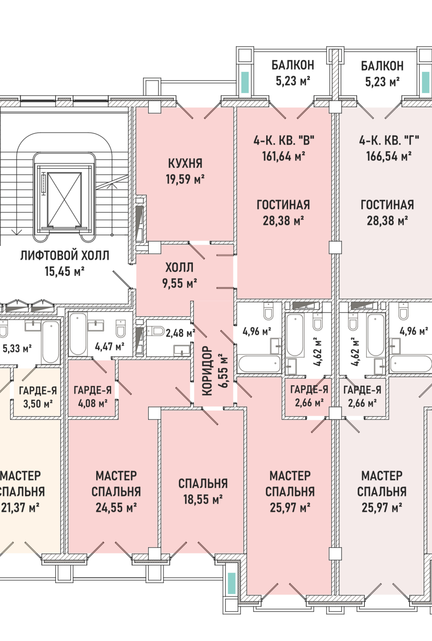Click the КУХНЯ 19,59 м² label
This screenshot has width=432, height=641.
pos(185,171)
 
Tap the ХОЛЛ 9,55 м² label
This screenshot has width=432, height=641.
pos(179,275)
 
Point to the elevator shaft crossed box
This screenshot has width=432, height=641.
pos(64,199)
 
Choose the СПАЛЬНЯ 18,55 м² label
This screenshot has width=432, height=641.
pos(203,491)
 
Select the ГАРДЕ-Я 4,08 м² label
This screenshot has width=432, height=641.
pos(93,397)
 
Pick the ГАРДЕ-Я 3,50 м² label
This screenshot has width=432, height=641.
pos(38,397)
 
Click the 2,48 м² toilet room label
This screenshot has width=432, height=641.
pos(180,333)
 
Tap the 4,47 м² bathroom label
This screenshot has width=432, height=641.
pos(109,346)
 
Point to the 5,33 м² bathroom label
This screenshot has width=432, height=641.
pos(17,348)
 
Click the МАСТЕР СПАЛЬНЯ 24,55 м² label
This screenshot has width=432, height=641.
pos(116,492)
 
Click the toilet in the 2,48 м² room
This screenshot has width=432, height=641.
pos(155,331)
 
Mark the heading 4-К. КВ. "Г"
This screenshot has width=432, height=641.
pos(389,140)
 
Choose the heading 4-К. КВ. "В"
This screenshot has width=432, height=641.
pos(284,140)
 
